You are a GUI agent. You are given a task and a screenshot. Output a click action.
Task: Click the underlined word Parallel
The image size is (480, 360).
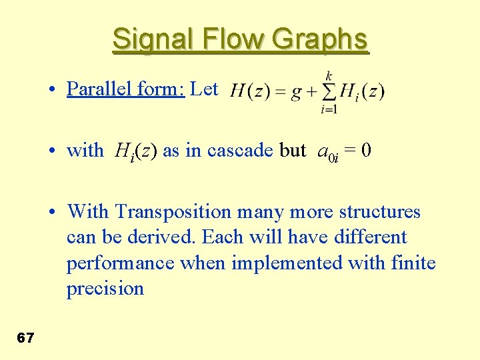coord(95,89)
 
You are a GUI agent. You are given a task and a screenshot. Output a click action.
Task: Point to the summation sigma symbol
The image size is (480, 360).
coord(329,91)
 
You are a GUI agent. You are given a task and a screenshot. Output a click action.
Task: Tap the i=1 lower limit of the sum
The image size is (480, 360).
coord(329,109)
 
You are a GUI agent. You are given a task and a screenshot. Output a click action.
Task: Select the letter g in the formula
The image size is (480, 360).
coord(297,93)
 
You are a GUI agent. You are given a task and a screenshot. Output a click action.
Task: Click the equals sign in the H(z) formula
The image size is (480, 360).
coord(279,92)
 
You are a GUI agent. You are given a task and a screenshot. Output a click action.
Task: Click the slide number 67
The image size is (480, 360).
coord(25,338)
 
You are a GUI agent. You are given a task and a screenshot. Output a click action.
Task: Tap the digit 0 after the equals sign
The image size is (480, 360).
coord(366,151)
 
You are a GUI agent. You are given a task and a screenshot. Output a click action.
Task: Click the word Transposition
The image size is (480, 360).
coord(172,212)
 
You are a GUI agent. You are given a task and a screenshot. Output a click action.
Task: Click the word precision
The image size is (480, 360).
coord(105,289)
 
